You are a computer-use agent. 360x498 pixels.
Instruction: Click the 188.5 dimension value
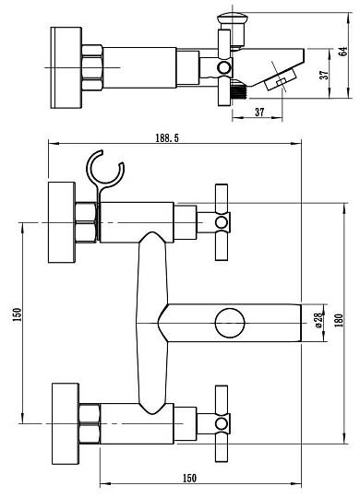167,137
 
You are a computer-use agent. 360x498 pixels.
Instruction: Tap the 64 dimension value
342,52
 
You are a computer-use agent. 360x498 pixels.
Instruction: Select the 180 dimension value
339,320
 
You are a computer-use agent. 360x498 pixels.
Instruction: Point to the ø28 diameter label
318,320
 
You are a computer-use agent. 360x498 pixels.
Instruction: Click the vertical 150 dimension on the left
18,314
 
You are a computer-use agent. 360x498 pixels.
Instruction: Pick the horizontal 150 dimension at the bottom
189,478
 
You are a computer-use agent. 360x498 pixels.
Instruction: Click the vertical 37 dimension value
324,75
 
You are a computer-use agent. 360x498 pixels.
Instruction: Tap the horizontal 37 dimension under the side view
259,113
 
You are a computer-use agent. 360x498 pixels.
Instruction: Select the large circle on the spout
230,323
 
